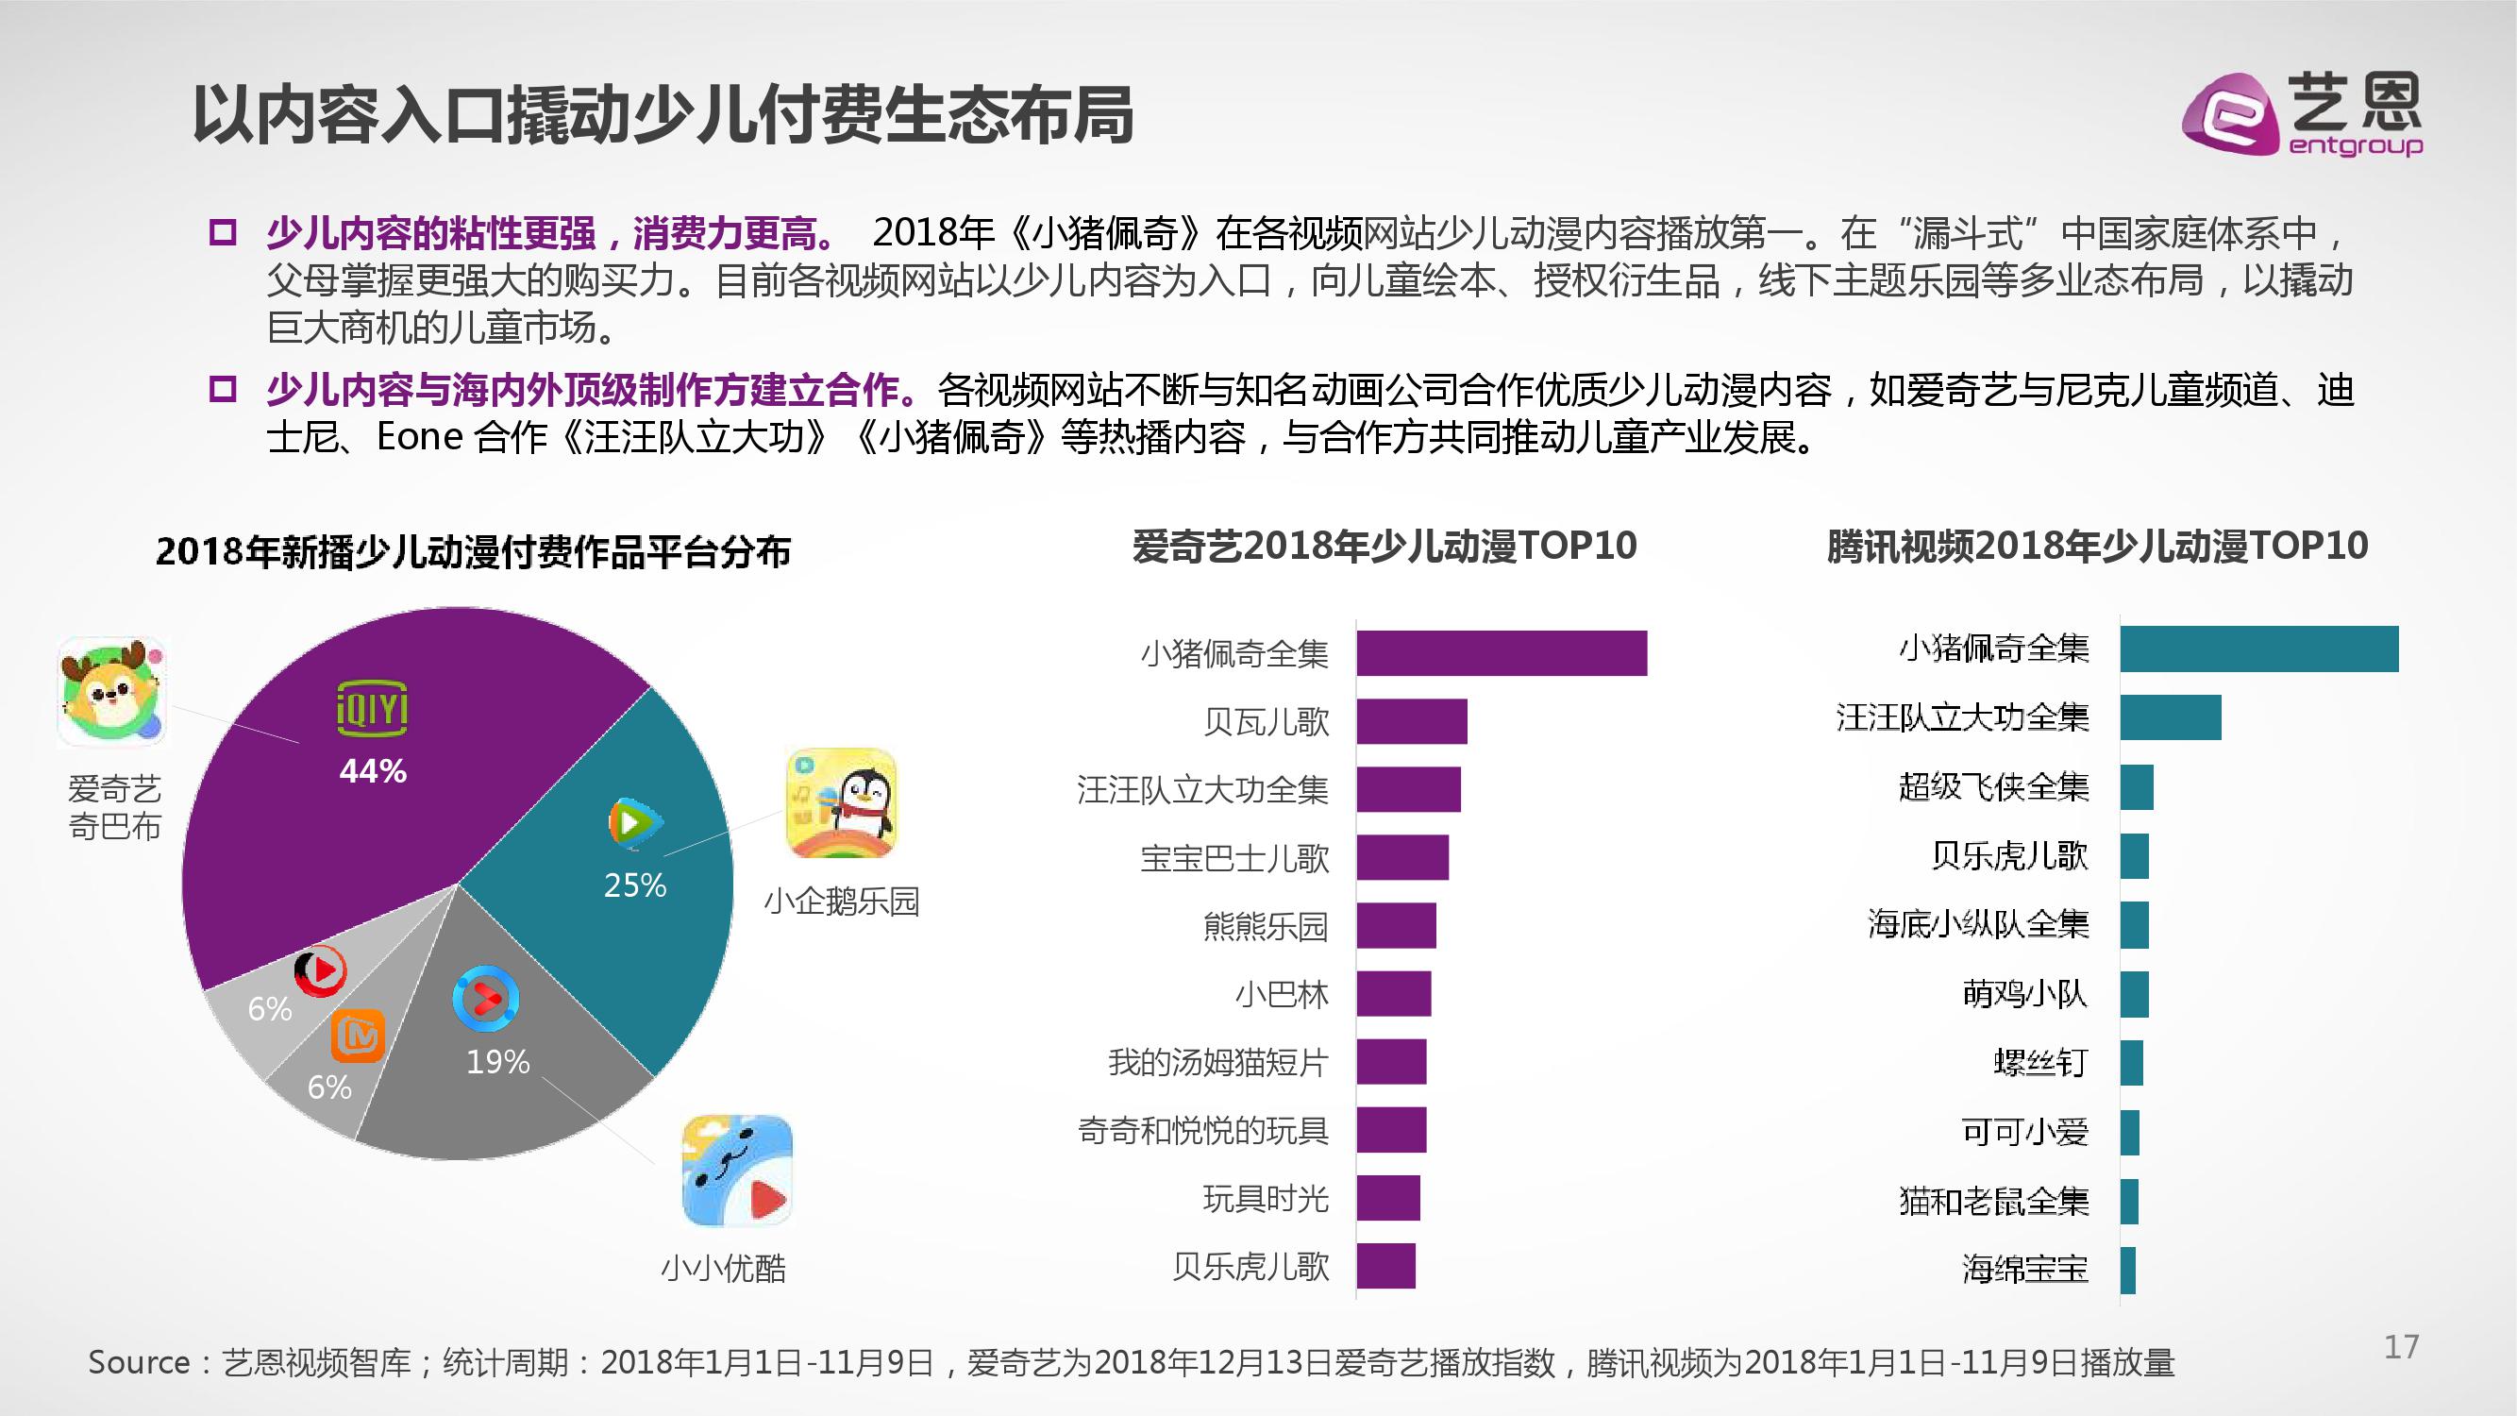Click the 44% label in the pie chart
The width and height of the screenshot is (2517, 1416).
372,771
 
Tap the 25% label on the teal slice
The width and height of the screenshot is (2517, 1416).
635,885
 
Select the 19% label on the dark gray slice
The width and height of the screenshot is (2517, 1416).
497,1061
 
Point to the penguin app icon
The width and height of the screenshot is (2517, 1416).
841,803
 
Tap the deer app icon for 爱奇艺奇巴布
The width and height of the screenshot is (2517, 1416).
111,691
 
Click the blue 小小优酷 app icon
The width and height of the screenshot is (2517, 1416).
737,1170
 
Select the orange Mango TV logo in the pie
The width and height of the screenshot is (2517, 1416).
357,1036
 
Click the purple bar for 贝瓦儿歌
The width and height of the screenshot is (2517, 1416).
1412,721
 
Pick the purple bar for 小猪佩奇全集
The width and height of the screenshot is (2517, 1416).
1501,653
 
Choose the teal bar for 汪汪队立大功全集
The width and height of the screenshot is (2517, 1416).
2170,717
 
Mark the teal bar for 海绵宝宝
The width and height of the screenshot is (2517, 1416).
2128,1271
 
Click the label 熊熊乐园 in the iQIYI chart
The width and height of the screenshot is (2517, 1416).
1266,925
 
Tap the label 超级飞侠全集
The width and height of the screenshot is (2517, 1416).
1993,786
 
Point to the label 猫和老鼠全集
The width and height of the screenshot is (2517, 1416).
1993,1201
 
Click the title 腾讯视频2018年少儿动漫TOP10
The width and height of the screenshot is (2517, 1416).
2097,547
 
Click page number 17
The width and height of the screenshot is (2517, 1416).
2401,1348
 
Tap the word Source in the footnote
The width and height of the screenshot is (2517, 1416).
139,1362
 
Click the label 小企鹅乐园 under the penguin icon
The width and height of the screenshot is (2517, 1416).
841,901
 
